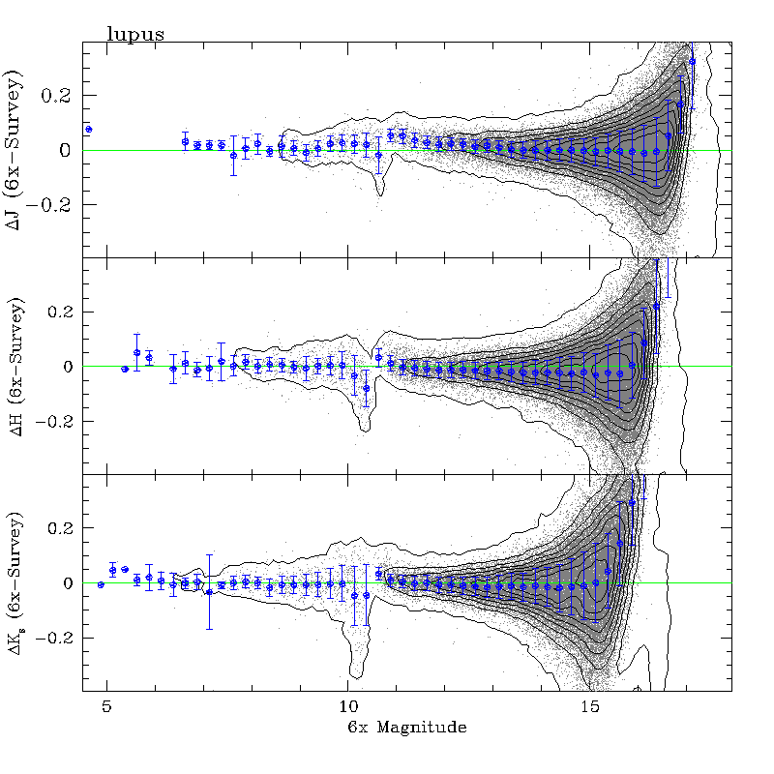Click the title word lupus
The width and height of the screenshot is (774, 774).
click(134, 34)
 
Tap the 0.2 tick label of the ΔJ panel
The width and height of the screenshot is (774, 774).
click(60, 96)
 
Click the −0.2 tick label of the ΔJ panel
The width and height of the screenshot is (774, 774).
click(54, 205)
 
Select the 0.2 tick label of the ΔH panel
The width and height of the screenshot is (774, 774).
click(60, 313)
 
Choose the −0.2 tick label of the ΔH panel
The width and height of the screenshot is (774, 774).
click(54, 422)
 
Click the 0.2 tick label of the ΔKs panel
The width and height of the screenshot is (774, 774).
click(60, 529)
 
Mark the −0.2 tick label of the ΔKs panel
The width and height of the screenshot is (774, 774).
click(54, 639)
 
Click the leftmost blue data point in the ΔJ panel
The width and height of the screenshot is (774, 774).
click(88, 129)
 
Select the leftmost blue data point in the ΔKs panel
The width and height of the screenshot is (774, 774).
click(101, 584)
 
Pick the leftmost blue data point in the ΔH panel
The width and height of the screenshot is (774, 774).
click(125, 369)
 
